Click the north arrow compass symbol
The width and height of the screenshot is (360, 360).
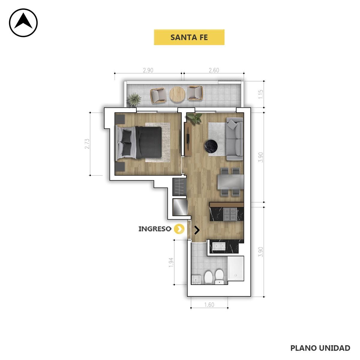[x=23, y=22]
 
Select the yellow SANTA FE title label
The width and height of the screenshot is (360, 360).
[x=189, y=37]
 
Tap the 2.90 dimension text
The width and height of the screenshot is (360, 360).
[x=148, y=70]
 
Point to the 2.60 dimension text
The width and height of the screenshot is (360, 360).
[x=214, y=70]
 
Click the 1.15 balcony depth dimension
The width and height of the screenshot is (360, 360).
[x=261, y=94]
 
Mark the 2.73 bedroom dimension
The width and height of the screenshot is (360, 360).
[x=87, y=144]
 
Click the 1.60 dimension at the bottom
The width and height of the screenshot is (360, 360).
[x=209, y=305]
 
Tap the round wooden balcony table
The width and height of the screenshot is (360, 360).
[x=177, y=94]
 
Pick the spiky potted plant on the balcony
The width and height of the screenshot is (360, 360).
[x=134, y=99]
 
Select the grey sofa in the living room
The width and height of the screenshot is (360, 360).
[x=235, y=139]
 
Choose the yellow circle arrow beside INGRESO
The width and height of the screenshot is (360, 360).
[x=179, y=229]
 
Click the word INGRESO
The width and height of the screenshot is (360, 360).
[x=155, y=229]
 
